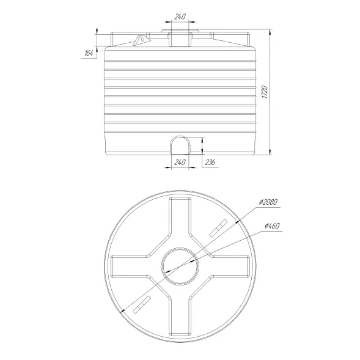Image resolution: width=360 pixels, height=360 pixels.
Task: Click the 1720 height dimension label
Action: click(265, 92)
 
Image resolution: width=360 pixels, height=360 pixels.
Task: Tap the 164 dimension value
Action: click(89, 53)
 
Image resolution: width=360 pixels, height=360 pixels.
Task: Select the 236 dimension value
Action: click(210, 163)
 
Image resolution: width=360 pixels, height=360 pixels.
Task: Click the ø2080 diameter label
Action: click(268, 202)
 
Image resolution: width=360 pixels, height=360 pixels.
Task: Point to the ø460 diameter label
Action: click(272, 226)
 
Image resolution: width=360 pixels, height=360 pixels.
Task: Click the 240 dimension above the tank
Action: click(180, 17)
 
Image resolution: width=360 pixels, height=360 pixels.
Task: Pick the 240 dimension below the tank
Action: click(180, 163)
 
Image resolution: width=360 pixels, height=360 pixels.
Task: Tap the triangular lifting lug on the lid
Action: click(142, 40)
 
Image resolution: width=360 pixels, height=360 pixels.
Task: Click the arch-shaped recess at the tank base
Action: click(170, 145)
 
